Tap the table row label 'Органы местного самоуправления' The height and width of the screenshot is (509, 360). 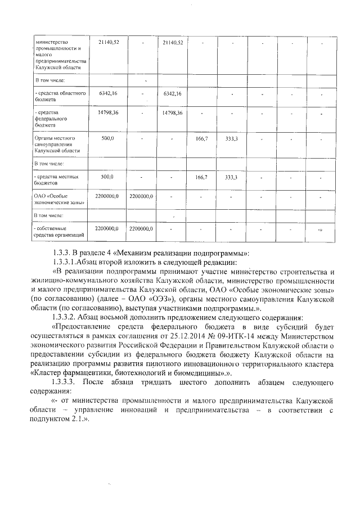pos(58,144)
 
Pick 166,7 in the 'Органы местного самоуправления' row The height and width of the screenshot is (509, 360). pos(201,138)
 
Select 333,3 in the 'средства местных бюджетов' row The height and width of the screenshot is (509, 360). pos(231,177)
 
